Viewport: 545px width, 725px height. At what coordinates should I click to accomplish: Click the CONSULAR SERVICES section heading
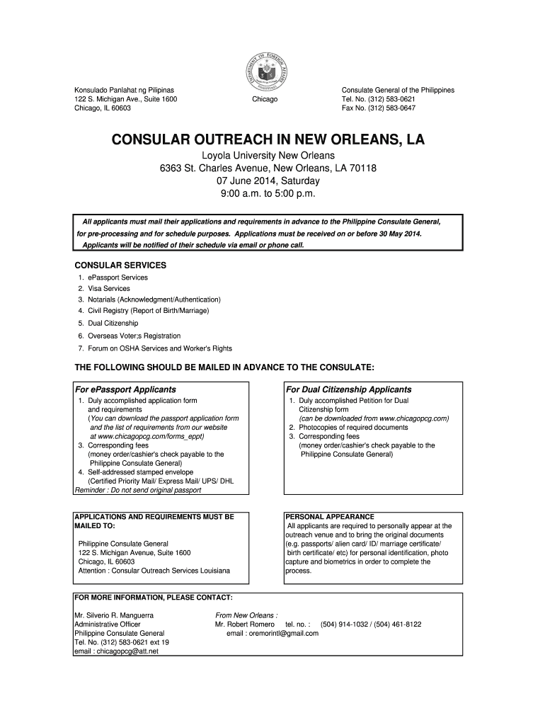point(121,265)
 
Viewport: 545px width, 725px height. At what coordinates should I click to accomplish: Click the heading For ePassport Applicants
point(126,389)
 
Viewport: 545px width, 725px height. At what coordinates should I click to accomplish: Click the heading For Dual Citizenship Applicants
point(348,389)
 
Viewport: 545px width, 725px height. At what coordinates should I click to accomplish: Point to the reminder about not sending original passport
point(138,490)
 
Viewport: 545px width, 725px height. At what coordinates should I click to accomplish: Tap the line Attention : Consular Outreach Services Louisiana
point(154,571)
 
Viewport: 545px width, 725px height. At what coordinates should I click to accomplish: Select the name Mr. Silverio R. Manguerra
point(114,615)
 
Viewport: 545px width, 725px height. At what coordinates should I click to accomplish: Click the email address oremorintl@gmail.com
point(272,634)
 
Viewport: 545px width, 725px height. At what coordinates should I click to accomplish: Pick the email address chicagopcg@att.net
point(116,651)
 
